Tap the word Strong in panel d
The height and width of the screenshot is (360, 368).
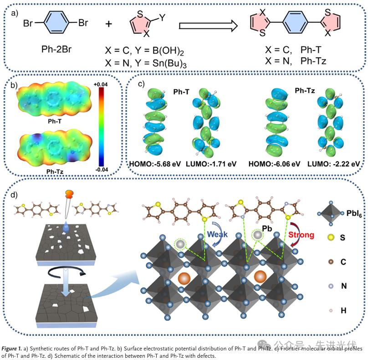tap(300, 235)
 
